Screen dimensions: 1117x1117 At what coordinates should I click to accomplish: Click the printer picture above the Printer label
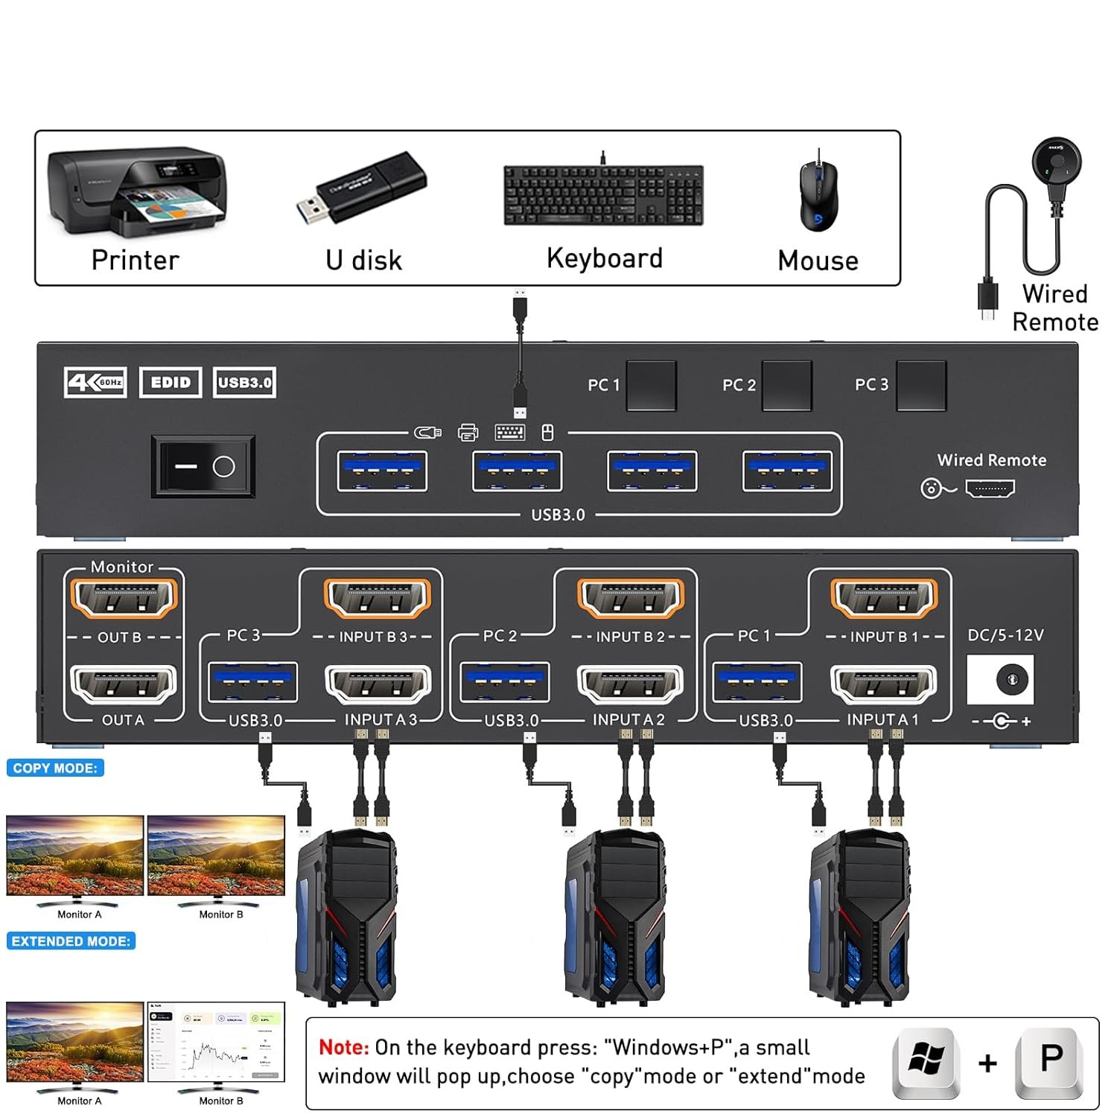click(x=136, y=190)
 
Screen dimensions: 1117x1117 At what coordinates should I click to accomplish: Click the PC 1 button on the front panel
click(x=651, y=386)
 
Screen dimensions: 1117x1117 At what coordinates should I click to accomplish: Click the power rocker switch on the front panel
click(x=203, y=467)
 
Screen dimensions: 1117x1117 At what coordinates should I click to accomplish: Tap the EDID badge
click(x=171, y=383)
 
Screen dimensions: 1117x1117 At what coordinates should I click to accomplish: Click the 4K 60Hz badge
click(x=95, y=383)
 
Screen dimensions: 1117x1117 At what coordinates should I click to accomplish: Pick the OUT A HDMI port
click(x=124, y=684)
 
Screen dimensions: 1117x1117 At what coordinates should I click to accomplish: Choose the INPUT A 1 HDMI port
click(x=883, y=684)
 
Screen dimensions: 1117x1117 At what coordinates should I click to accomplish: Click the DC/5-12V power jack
click(x=1011, y=679)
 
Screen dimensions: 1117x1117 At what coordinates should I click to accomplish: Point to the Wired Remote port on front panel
click(x=990, y=489)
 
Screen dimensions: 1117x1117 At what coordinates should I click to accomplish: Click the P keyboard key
click(x=1051, y=1060)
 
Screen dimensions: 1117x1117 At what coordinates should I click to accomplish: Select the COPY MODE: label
click(x=55, y=768)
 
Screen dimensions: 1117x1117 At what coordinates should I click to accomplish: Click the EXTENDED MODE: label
click(x=71, y=941)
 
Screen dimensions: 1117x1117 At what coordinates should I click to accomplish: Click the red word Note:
click(x=343, y=1048)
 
